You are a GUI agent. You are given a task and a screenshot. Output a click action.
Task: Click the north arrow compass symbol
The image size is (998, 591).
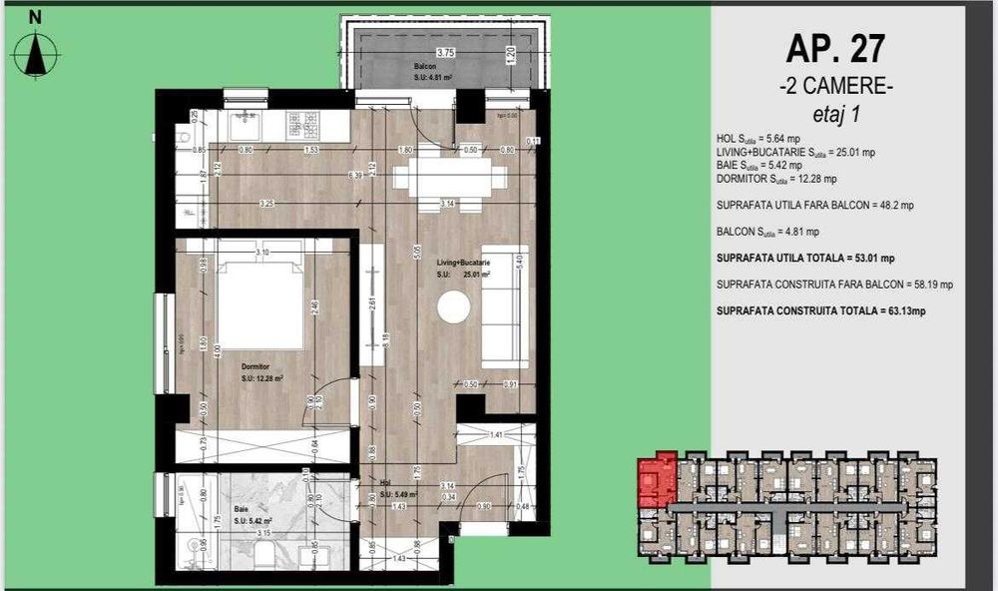[x=36, y=52]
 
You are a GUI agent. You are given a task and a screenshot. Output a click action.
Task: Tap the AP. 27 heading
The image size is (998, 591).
[x=834, y=47]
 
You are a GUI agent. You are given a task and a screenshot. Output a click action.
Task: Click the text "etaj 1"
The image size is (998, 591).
[x=835, y=114]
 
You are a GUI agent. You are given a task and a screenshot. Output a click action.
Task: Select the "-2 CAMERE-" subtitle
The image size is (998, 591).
[x=835, y=86]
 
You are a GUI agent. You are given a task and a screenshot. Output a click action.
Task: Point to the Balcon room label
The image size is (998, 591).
[x=426, y=67]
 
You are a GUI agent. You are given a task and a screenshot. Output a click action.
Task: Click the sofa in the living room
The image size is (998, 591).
[x=505, y=304]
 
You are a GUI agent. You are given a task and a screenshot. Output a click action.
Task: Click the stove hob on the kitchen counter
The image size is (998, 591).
[x=303, y=125]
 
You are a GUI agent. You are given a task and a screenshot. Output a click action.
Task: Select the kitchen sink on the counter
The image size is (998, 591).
[x=244, y=125]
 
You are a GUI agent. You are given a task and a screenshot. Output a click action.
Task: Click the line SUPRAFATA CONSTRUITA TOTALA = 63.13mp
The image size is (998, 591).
[x=821, y=310]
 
